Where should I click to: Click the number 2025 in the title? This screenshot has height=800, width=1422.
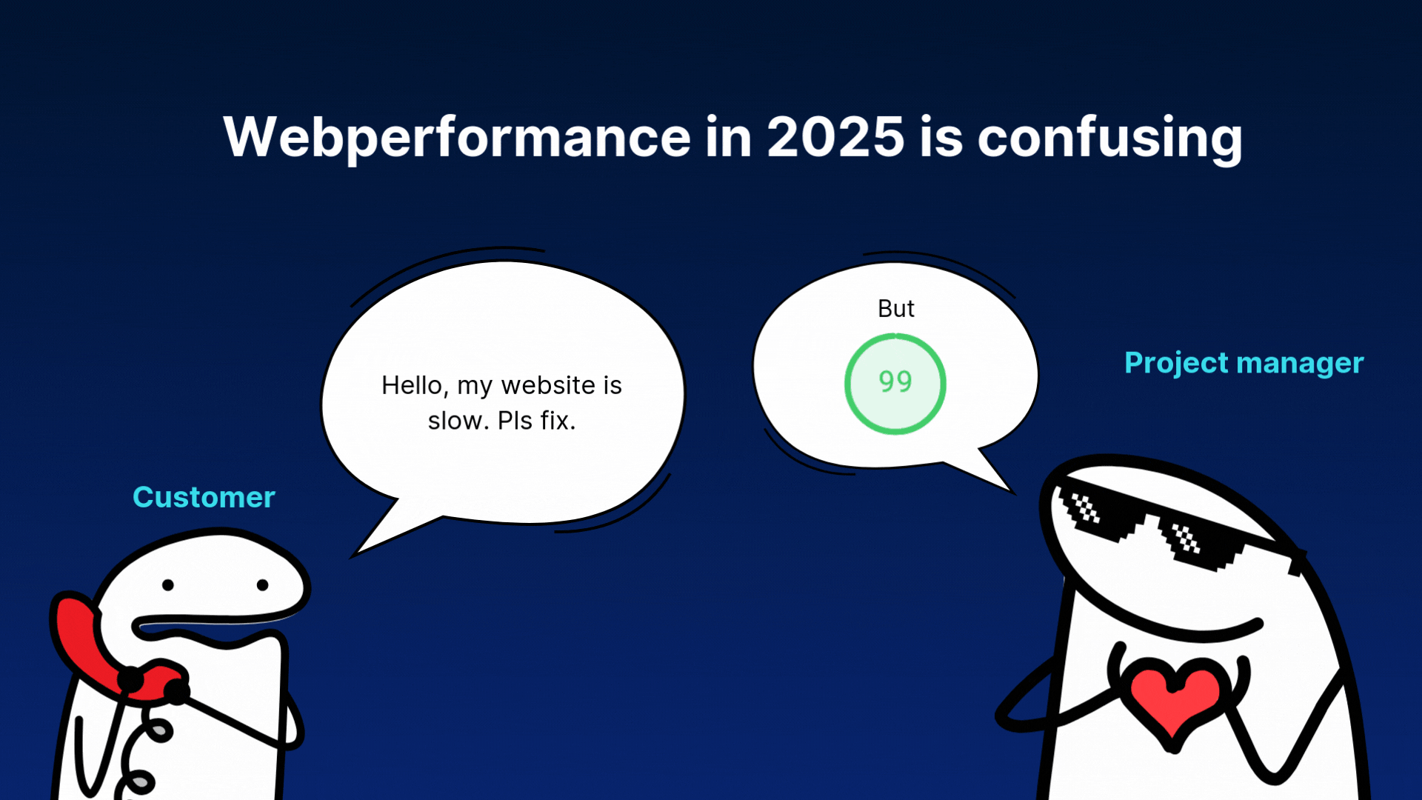click(x=835, y=137)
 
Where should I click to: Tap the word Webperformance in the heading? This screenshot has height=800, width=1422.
click(x=457, y=139)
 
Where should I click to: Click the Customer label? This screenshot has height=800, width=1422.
click(x=204, y=497)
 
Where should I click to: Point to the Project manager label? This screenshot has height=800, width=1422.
click(x=1244, y=363)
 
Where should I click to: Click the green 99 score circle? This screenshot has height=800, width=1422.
click(x=895, y=335)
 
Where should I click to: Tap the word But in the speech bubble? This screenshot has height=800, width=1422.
click(x=896, y=308)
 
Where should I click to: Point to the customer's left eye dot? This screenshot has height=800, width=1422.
click(x=168, y=585)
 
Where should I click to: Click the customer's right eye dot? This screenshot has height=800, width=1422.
click(x=262, y=585)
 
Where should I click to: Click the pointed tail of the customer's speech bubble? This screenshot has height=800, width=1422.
click(x=354, y=556)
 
